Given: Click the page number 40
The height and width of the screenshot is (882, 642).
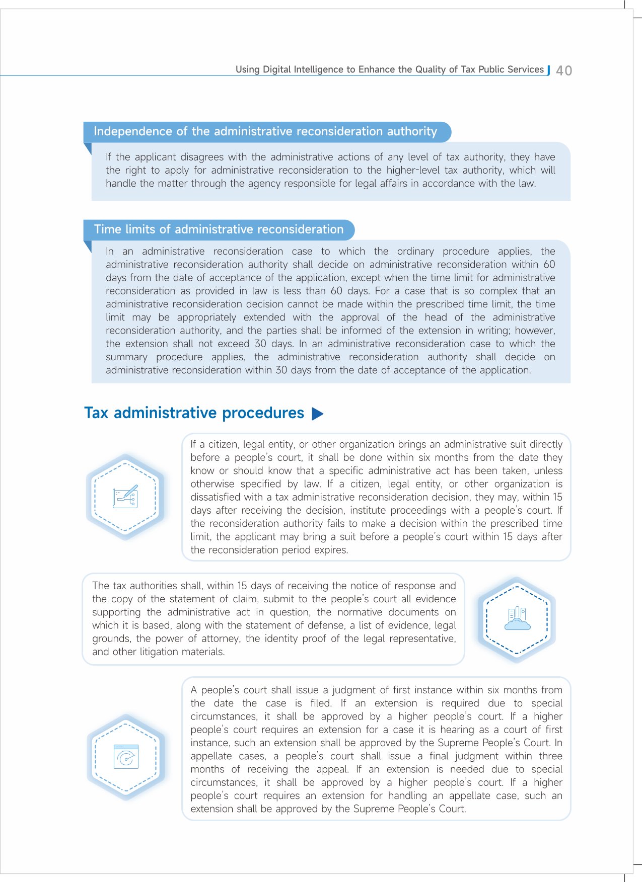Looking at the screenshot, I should tap(564, 70).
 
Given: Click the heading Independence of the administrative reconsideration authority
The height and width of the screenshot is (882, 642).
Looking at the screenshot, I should tap(265, 131).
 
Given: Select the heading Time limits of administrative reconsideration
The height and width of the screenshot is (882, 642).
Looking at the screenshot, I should tap(219, 229).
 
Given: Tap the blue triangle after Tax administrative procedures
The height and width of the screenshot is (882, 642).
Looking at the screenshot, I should tap(317, 414).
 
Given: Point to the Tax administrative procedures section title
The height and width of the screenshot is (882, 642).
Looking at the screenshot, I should tap(194, 413).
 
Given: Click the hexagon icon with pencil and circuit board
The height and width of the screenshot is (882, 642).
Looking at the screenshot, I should tap(125, 497).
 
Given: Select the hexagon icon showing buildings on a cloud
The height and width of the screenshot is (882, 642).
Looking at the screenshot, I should tap(517, 619).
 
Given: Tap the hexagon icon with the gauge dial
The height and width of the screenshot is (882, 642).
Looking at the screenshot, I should tap(126, 757).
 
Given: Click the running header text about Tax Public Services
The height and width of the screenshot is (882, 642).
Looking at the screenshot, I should tap(390, 69).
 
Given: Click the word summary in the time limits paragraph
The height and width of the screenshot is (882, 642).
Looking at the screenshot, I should tap(126, 357).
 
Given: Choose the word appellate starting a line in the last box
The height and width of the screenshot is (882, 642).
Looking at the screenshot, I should tap(211, 756).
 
